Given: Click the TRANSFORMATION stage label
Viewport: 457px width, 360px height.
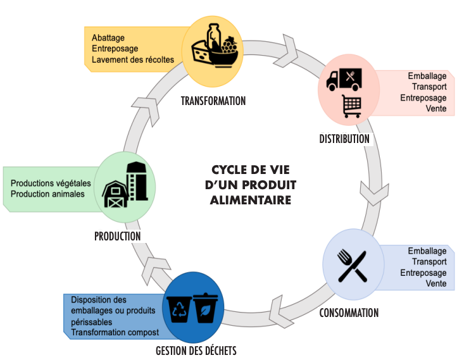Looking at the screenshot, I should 213,101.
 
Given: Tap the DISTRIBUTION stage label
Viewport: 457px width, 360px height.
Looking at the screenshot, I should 344,139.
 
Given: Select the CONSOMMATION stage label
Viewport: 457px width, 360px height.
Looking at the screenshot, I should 349,313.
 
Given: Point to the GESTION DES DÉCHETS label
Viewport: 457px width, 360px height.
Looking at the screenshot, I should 196,350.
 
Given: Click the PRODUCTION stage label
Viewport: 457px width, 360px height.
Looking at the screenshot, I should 117,236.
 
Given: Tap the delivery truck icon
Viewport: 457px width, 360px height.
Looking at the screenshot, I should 344,80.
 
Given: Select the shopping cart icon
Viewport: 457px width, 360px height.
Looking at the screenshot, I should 351,106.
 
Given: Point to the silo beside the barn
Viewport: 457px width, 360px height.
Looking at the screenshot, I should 137,180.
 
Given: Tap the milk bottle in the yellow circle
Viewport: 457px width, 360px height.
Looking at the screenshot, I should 213,36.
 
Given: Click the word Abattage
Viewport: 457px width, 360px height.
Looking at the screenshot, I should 108,37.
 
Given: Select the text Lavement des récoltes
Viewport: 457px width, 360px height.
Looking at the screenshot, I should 132,60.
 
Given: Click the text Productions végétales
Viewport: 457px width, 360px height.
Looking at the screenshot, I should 51,183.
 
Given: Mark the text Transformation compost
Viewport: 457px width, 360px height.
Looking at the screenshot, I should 114,332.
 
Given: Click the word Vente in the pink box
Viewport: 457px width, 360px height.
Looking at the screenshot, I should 436,109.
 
